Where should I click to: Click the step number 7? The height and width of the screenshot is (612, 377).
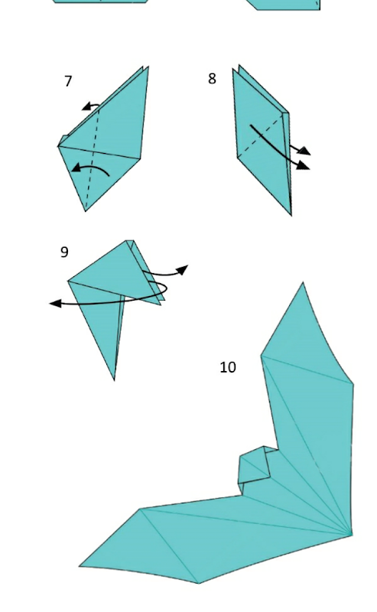(x=68, y=81)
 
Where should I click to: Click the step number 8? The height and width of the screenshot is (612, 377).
(x=212, y=79)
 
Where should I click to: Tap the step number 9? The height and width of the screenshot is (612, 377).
(x=65, y=252)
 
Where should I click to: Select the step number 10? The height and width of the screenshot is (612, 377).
(x=228, y=367)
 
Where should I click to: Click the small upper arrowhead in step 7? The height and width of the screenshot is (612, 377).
(x=86, y=106)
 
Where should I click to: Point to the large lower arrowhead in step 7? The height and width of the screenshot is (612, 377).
(x=77, y=168)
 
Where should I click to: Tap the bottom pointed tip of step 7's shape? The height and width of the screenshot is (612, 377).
(x=86, y=211)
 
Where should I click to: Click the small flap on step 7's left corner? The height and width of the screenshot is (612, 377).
(x=63, y=140)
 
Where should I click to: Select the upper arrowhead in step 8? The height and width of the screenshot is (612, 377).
(x=305, y=151)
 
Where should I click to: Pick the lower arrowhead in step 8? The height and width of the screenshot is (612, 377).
(x=304, y=165)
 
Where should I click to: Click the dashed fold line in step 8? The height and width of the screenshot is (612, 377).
(x=260, y=135)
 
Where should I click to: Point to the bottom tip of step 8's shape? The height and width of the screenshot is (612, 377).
(x=291, y=215)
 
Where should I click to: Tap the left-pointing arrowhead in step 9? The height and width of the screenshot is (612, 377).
(x=55, y=303)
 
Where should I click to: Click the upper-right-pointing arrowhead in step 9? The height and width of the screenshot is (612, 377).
(x=183, y=269)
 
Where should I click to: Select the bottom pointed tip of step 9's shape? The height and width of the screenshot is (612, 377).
(x=114, y=379)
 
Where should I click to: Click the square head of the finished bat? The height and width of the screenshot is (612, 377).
(x=255, y=464)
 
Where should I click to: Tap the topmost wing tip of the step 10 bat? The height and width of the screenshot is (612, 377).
(x=304, y=282)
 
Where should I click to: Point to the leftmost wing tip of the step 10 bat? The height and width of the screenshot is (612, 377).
(x=80, y=566)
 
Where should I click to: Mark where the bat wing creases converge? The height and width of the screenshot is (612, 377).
(x=351, y=534)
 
